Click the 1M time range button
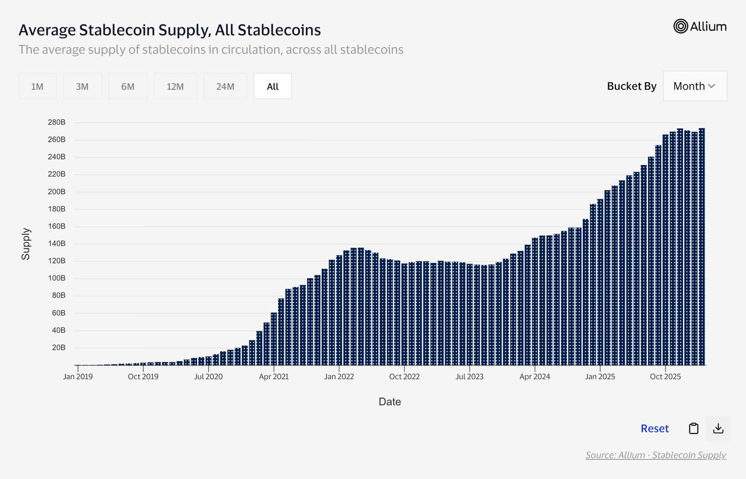pyautogui.click(x=37, y=86)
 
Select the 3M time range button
pyautogui.click(x=82, y=86)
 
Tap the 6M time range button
pyautogui.click(x=128, y=86)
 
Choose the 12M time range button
pyautogui.click(x=175, y=86)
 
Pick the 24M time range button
pyautogui.click(x=225, y=86)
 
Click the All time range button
pyautogui.click(x=273, y=86)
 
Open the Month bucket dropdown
pyautogui.click(x=695, y=86)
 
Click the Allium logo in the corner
pyautogui.click(x=700, y=26)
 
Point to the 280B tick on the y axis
pyautogui.click(x=57, y=122)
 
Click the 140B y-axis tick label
pyautogui.click(x=57, y=244)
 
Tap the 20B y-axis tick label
pyautogui.click(x=58, y=348)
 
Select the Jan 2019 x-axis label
pyautogui.click(x=78, y=376)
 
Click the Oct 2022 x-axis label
pyautogui.click(x=404, y=376)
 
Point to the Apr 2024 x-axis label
pyautogui.click(x=535, y=376)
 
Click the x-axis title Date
pyautogui.click(x=390, y=401)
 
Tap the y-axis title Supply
pyautogui.click(x=26, y=244)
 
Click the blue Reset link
pyautogui.click(x=654, y=428)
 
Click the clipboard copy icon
pyautogui.click(x=694, y=428)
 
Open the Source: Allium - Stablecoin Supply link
pyautogui.click(x=656, y=455)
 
